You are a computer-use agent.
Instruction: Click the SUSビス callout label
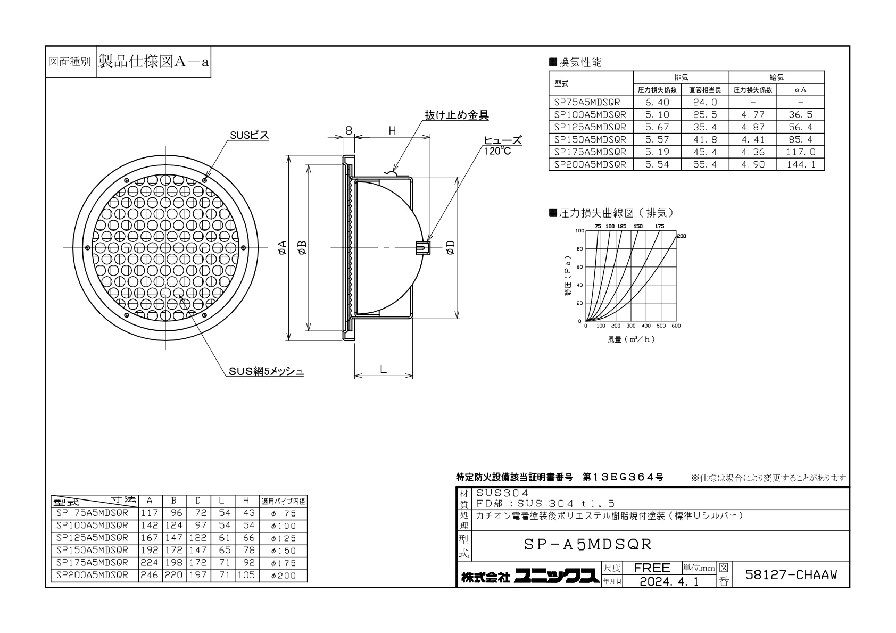coord(249,136)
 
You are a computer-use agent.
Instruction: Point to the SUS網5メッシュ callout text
coord(266,371)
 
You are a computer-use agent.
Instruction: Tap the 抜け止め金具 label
coord(457,115)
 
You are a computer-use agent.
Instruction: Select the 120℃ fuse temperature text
coord(497,151)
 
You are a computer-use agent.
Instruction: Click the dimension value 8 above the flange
coord(349,130)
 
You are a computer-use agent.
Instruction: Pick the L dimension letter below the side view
coord(383,369)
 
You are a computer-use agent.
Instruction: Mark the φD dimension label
coord(451,247)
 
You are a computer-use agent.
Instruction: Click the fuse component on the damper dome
coord(423,247)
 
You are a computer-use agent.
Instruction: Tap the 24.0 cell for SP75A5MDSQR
coord(705,102)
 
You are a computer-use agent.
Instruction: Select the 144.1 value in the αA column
coord(800,164)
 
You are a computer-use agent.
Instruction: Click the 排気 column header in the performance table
coord(681,78)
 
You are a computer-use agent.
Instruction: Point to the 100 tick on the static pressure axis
coord(579,231)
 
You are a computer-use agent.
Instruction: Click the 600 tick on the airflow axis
coord(676,326)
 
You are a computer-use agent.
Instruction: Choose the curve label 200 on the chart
coord(682,236)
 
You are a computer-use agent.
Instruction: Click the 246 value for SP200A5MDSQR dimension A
coord(149,576)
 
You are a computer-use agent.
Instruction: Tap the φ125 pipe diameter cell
coord(283,538)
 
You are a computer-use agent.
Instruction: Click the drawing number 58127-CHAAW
coord(791,575)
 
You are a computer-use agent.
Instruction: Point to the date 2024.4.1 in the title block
coord(669,582)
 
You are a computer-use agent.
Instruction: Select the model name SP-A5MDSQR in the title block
coord(587,544)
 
